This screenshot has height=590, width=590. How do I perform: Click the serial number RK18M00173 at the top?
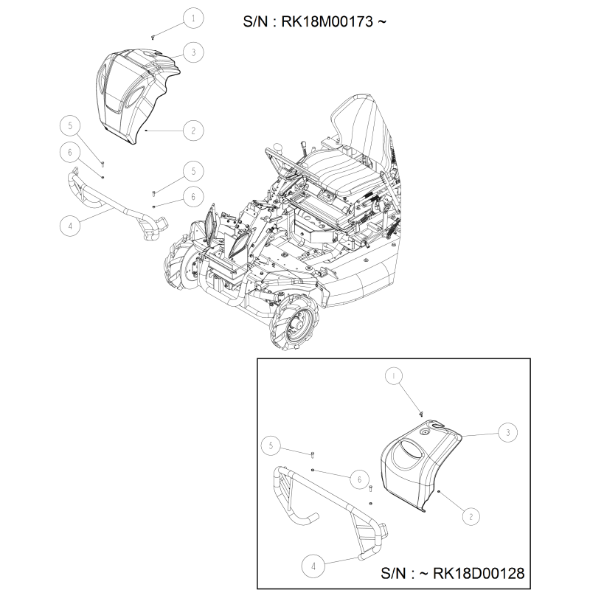tap(327, 21)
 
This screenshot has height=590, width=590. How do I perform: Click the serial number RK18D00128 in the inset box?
tap(479, 573)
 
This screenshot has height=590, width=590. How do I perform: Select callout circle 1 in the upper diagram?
tap(193, 18)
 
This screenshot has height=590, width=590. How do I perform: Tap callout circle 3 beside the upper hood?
tap(193, 52)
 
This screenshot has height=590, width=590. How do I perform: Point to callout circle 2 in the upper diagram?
tap(193, 131)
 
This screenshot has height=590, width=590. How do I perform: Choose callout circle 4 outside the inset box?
tap(70, 226)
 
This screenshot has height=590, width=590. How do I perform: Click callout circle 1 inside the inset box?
tap(393, 376)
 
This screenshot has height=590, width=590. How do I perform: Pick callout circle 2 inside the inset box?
tap(471, 517)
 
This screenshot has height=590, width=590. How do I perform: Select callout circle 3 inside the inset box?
tap(507, 432)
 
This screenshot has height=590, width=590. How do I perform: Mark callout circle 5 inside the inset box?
tap(271, 446)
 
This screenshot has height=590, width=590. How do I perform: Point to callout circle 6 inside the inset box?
tap(359, 479)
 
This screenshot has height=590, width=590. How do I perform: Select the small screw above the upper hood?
tap(153, 38)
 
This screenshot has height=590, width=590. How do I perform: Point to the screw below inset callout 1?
tap(421, 414)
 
